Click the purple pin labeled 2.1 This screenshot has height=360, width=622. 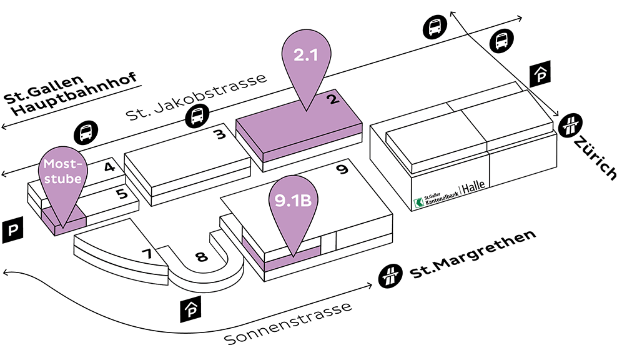(306, 59)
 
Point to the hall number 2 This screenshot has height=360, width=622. (333, 98)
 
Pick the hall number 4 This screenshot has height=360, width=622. (109, 166)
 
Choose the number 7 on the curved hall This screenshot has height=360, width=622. (147, 253)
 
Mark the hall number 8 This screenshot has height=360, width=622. (202, 256)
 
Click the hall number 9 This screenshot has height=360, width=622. (342, 169)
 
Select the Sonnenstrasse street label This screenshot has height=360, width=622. (288, 324)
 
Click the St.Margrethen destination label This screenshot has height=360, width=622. (473, 254)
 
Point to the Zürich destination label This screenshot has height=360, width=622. (596, 157)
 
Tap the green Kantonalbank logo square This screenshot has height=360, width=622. (419, 203)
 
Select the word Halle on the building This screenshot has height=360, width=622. (473, 186)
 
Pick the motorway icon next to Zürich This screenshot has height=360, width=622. (570, 125)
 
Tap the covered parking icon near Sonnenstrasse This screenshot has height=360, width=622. (190, 309)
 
